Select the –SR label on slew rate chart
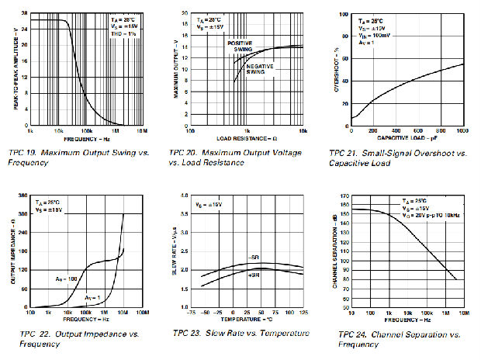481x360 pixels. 253,256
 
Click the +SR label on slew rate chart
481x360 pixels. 253,275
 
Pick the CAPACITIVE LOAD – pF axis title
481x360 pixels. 407,138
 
